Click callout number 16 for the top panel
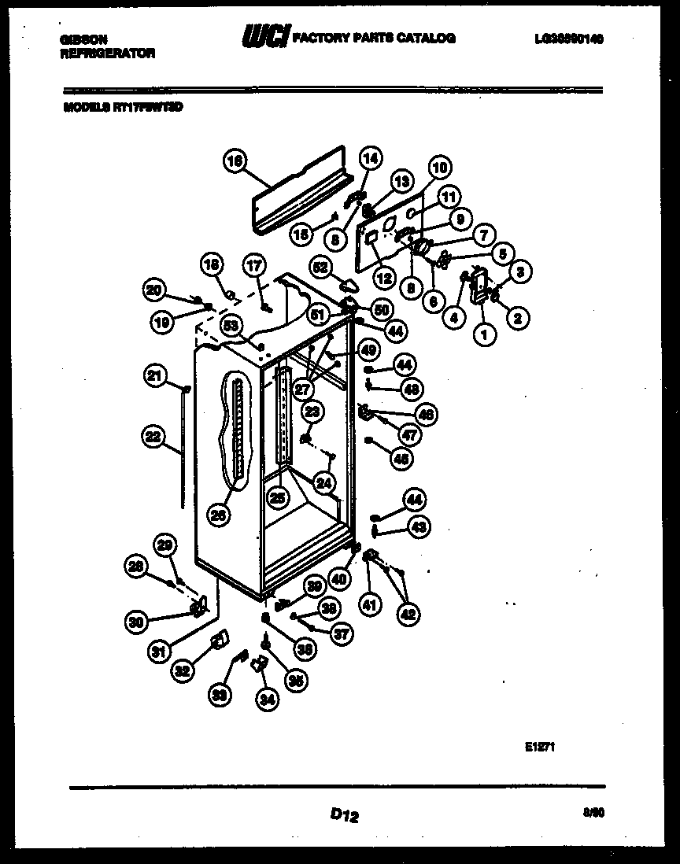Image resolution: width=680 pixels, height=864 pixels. tap(234, 161)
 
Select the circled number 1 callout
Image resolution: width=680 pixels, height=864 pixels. tap(484, 334)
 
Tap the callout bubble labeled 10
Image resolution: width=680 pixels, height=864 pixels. tap(439, 167)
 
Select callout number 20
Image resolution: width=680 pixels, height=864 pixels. tap(154, 290)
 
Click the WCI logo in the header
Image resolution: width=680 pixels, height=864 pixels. tap(265, 37)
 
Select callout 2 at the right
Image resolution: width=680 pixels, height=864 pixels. tap(518, 318)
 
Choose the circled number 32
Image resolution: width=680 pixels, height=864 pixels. tap(183, 670)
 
